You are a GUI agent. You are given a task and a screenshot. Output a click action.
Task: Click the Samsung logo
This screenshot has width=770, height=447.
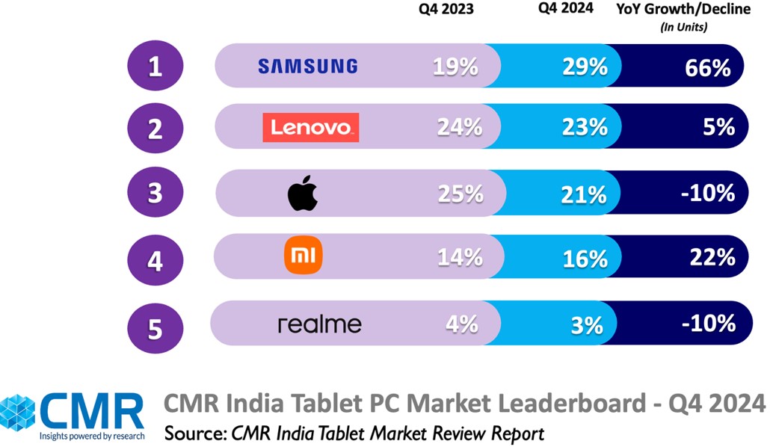coord(307,67)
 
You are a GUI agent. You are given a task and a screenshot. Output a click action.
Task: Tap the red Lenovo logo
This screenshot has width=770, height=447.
coord(310,128)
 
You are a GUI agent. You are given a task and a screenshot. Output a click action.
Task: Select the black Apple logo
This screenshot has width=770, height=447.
coord(303,194)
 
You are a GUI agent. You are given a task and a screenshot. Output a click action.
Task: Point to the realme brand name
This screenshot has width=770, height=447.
coord(319,324)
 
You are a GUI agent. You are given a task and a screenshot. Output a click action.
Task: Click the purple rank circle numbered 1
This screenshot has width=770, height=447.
coord(155,67)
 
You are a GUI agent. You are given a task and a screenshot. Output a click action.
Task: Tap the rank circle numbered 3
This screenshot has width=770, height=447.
coord(155,194)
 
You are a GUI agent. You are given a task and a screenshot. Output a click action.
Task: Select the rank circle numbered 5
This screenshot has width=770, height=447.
coord(155,326)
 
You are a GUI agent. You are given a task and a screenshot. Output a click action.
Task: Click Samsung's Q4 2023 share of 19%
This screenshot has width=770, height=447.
coord(455,67)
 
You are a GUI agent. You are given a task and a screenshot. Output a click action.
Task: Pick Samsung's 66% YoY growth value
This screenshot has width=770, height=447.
coord(707,68)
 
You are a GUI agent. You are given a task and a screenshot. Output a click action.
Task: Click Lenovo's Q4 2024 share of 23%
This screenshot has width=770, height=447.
coord(585,128)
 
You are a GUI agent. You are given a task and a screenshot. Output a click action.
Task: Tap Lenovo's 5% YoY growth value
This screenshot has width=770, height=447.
coord(718,128)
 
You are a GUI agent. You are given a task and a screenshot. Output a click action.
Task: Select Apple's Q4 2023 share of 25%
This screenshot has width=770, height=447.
coord(461,194)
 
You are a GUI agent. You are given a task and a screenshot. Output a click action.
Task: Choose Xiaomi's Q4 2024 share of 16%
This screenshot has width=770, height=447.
coord(585,259)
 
